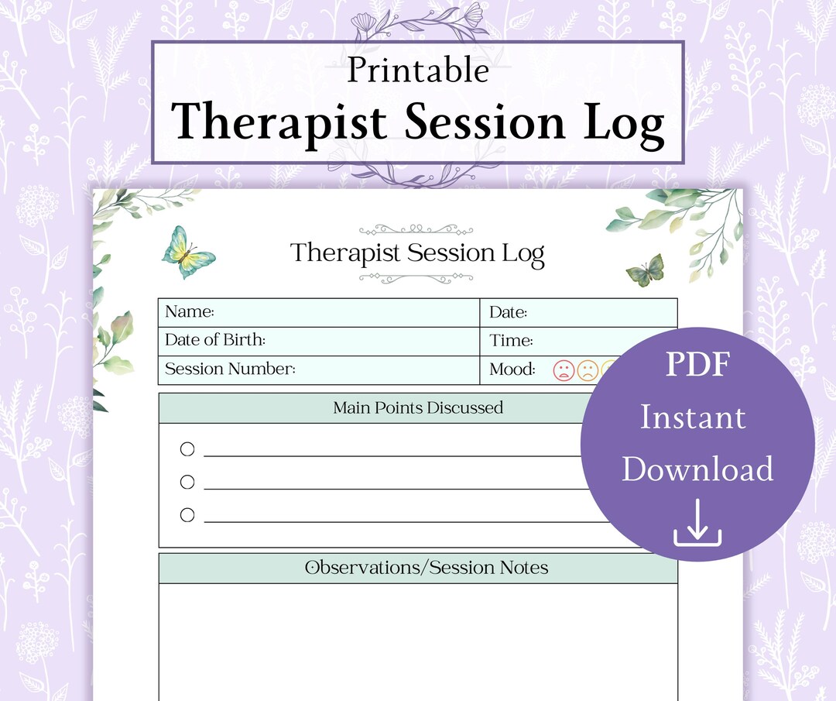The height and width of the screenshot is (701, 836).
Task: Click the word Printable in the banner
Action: (418, 70)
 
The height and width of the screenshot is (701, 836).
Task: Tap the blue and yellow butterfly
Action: (188, 252)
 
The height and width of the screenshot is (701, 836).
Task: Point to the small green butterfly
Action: (645, 270)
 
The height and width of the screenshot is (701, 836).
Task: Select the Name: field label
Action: (190, 312)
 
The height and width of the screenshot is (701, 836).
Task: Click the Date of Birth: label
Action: (215, 340)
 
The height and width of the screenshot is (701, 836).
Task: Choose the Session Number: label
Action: (230, 369)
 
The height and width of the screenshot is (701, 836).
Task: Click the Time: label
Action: (511, 341)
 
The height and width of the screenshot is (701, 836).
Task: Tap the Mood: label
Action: (512, 369)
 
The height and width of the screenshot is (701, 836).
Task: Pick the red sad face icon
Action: (564, 370)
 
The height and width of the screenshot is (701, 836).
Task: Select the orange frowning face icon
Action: (588, 370)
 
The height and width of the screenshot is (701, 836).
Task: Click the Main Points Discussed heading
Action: (418, 407)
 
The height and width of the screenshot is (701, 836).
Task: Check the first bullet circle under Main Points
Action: (187, 449)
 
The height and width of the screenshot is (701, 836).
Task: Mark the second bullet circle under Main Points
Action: (187, 482)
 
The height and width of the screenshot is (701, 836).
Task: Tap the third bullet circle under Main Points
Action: (187, 514)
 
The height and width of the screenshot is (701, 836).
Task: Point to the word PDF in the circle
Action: (697, 365)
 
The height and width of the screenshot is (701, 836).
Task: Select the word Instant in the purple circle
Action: (693, 418)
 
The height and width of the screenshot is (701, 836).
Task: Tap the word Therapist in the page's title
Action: (346, 253)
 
